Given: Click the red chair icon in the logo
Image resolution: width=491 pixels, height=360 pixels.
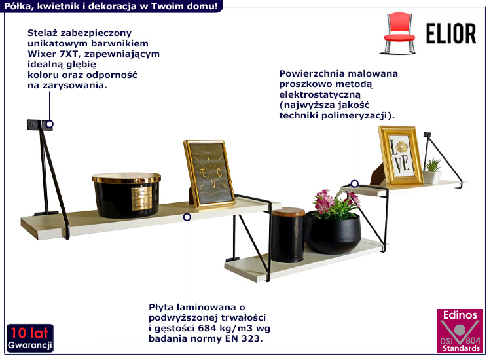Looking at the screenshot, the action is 399,33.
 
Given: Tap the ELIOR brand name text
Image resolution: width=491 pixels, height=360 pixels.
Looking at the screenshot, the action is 451,33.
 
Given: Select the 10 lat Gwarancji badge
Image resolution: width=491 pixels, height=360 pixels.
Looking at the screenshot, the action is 30,338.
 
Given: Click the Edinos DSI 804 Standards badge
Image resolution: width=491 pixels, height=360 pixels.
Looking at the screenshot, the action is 460,331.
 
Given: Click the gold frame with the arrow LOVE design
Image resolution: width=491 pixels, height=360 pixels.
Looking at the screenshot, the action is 209,173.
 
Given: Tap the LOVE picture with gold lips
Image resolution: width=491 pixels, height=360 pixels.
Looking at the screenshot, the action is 401,156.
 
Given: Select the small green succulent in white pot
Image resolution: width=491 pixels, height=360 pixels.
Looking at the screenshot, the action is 433,171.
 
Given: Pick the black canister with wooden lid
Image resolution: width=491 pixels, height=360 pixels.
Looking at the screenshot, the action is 288,235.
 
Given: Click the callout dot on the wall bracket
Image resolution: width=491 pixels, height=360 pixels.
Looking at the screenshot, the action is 50,124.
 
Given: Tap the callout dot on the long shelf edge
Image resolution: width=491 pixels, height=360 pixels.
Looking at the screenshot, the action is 187,217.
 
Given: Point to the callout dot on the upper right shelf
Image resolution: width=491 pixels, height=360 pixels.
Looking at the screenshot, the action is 354,183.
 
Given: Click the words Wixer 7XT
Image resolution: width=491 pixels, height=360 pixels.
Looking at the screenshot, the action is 54,54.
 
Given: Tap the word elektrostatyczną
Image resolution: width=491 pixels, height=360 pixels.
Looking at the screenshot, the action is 320,95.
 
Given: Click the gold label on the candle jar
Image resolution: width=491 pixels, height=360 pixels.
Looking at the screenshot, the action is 141,198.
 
